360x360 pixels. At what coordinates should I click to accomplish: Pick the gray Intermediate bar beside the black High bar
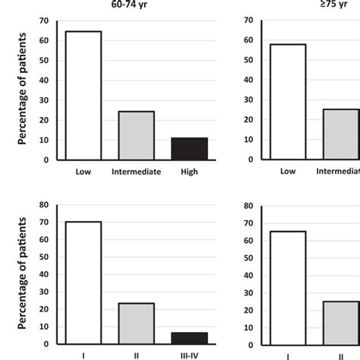point(137,135)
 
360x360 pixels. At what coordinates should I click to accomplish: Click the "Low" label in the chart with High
point(83,172)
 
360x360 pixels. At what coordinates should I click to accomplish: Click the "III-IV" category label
point(191,355)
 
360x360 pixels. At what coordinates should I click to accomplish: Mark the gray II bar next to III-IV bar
point(137,324)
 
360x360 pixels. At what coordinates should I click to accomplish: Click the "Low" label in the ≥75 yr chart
point(287,172)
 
